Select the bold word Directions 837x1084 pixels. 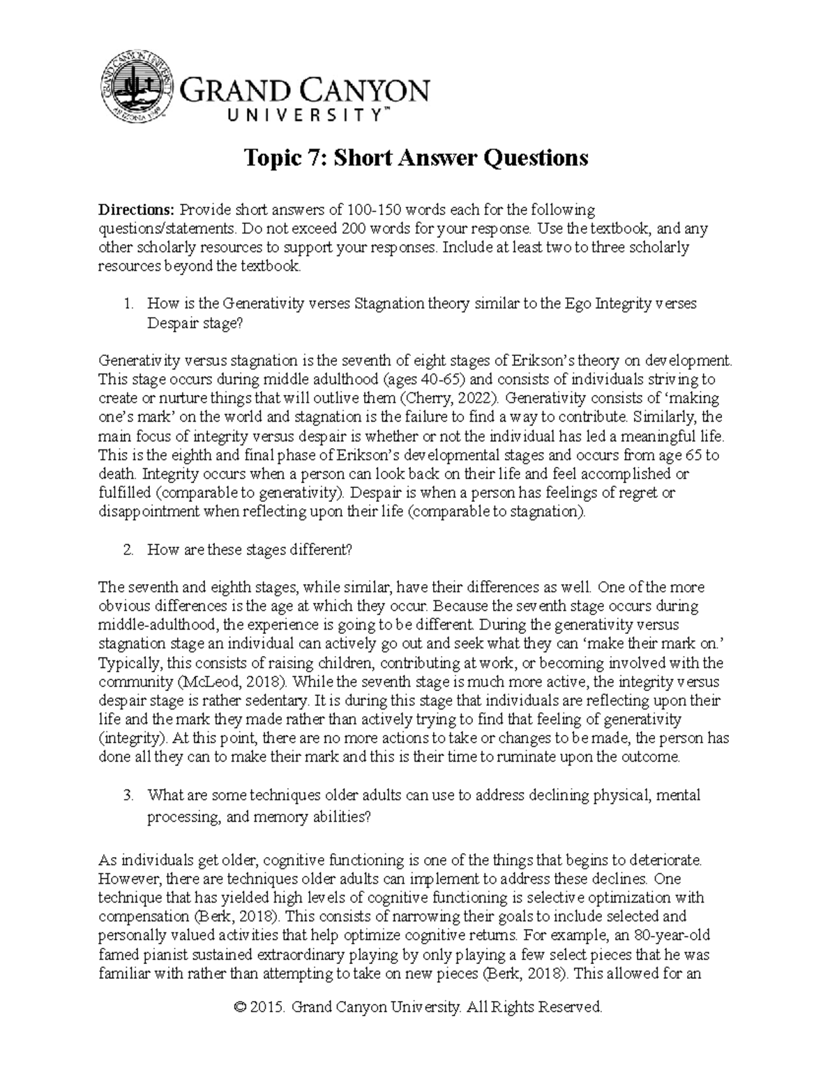pyautogui.click(x=136, y=209)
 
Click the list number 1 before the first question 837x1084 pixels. pyautogui.click(x=127, y=304)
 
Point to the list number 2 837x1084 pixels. pyautogui.click(x=127, y=549)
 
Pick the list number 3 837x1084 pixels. pyautogui.click(x=127, y=795)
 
